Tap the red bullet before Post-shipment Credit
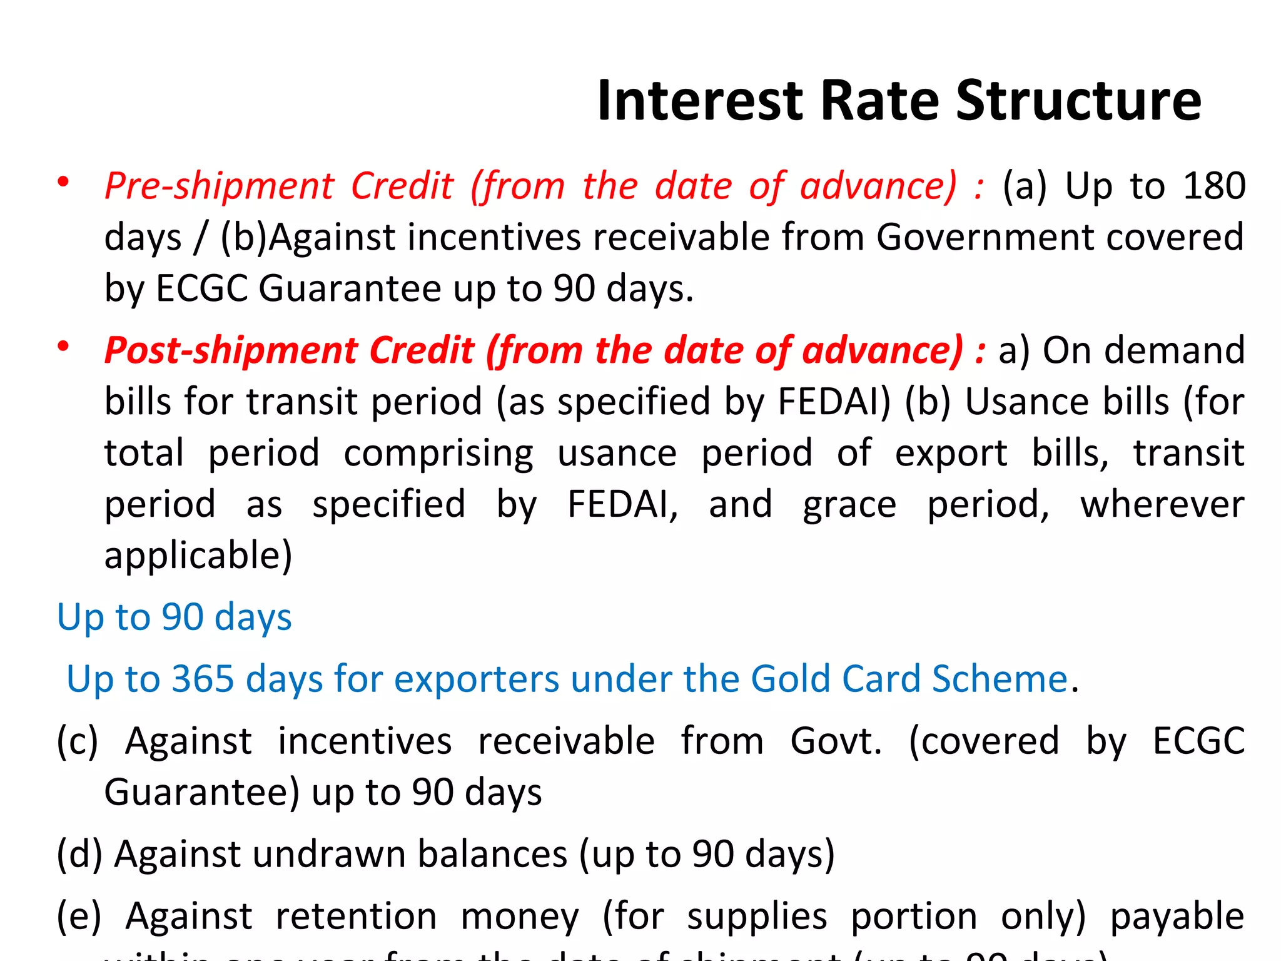(x=63, y=347)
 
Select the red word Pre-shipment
(x=220, y=186)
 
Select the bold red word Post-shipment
(x=230, y=350)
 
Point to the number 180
(x=1214, y=186)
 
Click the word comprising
(x=438, y=453)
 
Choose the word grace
(x=849, y=504)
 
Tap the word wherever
(x=1162, y=504)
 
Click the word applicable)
(x=198, y=556)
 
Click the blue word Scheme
(x=1000, y=679)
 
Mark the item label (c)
(x=78, y=741)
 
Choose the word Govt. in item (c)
(x=836, y=741)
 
